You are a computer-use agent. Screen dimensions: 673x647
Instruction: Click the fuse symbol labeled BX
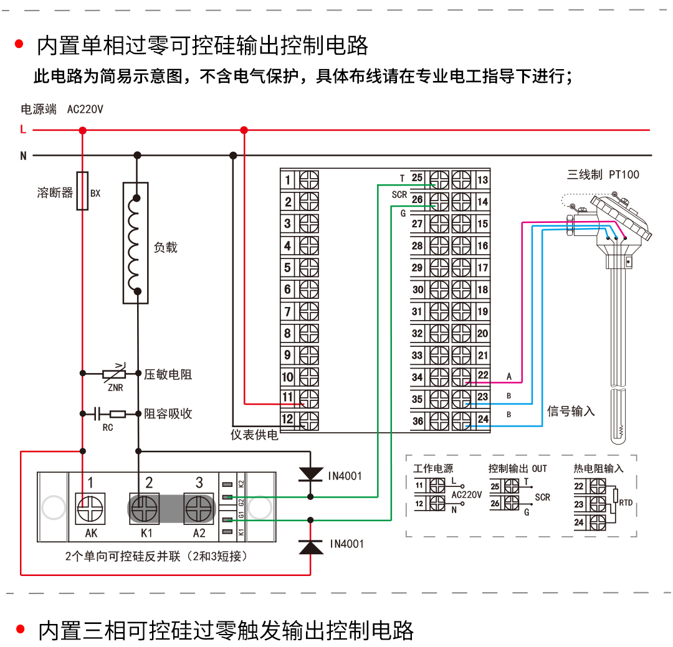tap(82, 191)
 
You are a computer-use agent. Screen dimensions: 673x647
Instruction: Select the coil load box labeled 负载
tap(136, 243)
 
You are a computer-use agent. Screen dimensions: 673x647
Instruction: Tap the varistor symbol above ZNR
tap(113, 374)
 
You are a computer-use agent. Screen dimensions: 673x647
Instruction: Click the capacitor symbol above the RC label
tap(98, 413)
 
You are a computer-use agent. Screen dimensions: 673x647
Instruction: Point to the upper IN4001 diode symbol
tap(311, 475)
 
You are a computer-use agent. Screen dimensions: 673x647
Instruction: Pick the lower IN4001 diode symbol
tap(311, 546)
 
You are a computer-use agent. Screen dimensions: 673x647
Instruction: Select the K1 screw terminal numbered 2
tap(145, 509)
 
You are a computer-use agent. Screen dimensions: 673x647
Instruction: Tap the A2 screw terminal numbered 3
tap(199, 509)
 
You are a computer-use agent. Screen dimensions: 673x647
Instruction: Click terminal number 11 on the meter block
tap(288, 397)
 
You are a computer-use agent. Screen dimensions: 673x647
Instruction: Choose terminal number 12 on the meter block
tap(288, 419)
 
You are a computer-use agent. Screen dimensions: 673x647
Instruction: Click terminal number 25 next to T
tap(418, 178)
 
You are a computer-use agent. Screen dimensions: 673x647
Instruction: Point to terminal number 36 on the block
tap(418, 421)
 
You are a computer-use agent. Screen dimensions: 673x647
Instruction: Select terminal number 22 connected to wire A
tap(483, 375)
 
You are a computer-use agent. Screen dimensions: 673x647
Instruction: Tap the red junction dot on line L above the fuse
tap(82, 130)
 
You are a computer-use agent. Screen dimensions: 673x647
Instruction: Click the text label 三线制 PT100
tap(603, 175)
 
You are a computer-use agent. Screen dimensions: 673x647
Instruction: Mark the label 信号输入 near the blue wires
tap(571, 411)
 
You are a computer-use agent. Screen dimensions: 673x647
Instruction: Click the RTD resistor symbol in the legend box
tap(615, 496)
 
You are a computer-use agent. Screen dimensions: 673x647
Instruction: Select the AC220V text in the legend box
tap(467, 495)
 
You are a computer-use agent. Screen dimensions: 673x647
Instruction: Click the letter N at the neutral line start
tap(23, 156)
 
